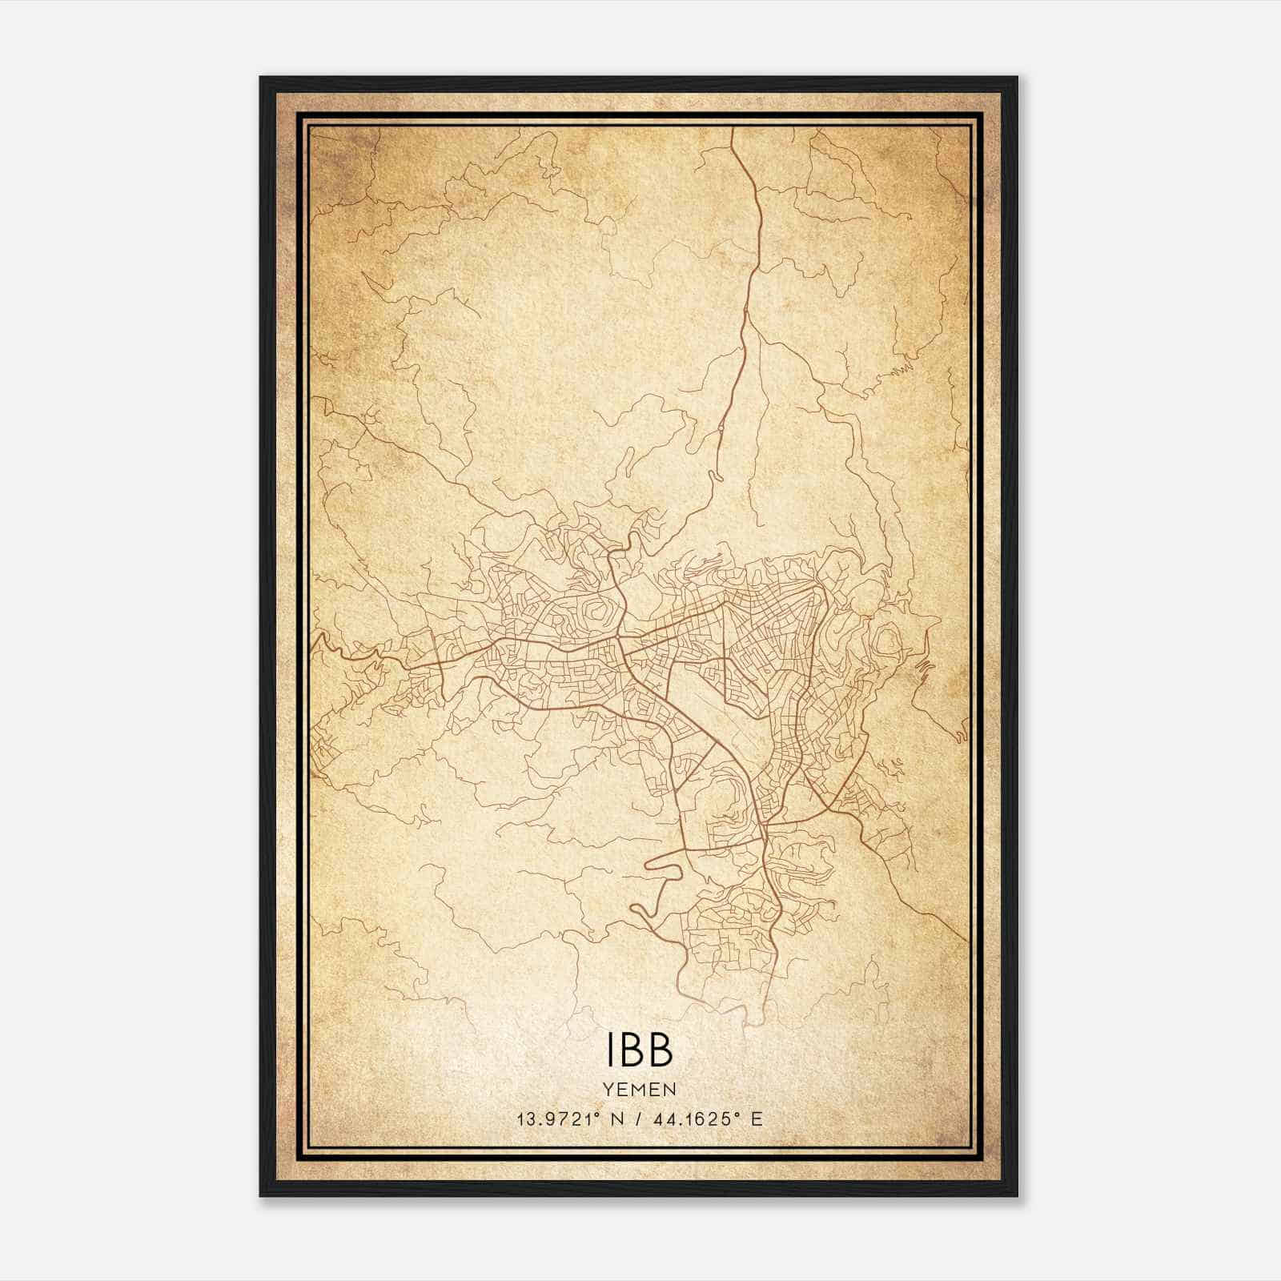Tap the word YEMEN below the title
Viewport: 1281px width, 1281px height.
[x=640, y=1089]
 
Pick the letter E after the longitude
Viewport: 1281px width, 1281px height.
[x=757, y=1118]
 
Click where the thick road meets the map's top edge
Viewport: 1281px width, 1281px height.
[x=733, y=129]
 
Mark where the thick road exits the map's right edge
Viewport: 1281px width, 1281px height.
[x=967, y=938]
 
